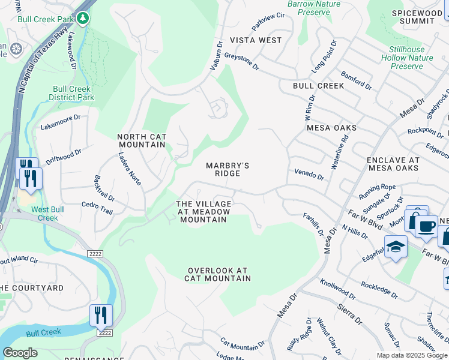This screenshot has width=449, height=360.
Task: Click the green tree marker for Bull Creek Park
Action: click(x=83, y=19)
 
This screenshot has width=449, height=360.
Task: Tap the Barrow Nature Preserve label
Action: click(x=313, y=8)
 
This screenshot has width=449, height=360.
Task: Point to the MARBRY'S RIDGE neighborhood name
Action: click(x=228, y=169)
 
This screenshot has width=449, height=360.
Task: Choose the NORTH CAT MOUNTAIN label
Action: click(x=142, y=140)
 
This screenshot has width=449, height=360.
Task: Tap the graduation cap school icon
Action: click(x=396, y=247)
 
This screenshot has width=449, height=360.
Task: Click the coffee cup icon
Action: click(x=426, y=226)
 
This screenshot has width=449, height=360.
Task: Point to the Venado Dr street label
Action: click(x=309, y=175)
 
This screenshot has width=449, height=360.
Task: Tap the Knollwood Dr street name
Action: click(x=337, y=289)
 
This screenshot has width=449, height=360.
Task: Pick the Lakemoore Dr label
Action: click(x=60, y=122)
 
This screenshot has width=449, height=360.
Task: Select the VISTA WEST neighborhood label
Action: click(x=261, y=40)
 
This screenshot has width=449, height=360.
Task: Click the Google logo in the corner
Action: click(x=20, y=353)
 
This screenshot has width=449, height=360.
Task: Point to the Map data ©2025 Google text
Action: click(x=412, y=355)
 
